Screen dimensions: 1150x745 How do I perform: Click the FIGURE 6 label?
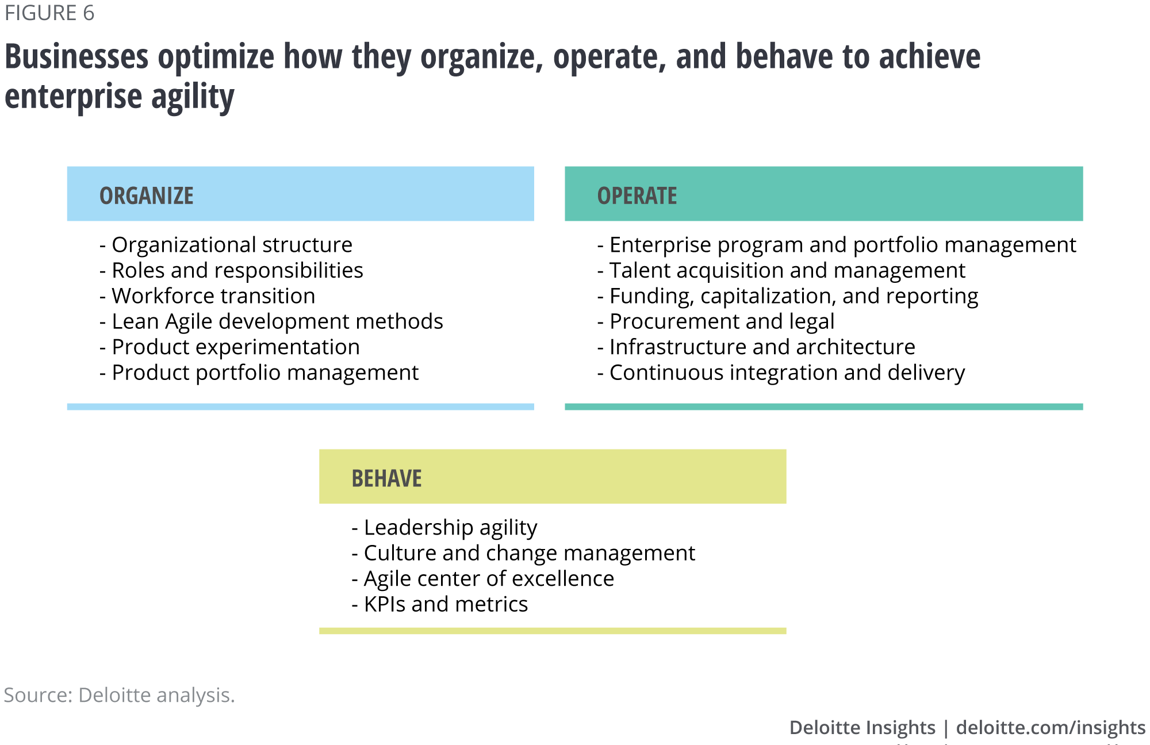coord(49,13)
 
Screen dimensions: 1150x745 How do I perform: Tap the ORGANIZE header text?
coord(147,195)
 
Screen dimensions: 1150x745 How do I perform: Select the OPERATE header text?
coord(637,195)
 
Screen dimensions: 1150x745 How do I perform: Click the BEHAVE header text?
coord(386,478)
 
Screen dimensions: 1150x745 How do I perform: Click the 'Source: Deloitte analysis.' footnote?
coord(120,695)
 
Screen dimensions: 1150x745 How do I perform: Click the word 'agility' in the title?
coord(193,97)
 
